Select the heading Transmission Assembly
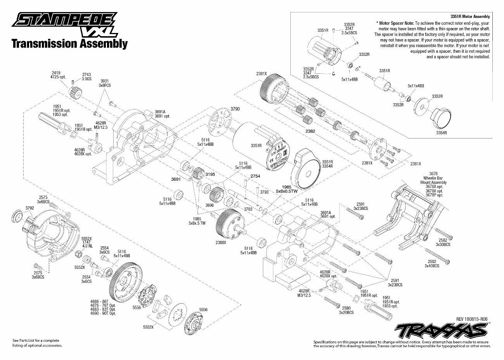pyautogui.click(x=69, y=43)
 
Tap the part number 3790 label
pyautogui.click(x=235, y=109)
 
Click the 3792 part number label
pyautogui.click(x=30, y=208)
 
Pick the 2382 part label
pyautogui.click(x=310, y=131)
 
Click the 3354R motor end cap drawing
pyautogui.click(x=441, y=117)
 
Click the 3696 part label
pyautogui.click(x=209, y=205)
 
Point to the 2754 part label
pyautogui.click(x=255, y=177)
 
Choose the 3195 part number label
pyautogui.click(x=210, y=174)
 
